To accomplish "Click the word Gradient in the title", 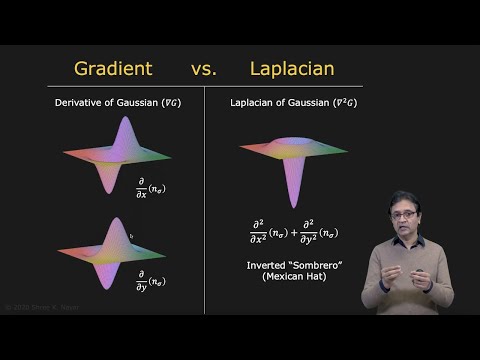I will [113, 69].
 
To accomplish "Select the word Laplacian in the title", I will [292, 69].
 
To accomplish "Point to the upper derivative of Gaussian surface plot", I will [115, 156].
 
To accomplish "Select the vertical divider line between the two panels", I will [204, 200].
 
